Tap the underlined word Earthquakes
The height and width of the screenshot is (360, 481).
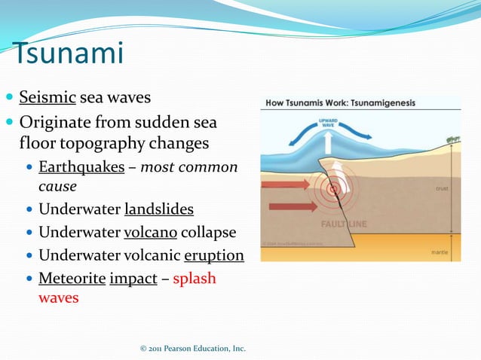click(81, 166)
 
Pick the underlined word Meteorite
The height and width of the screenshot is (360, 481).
click(72, 278)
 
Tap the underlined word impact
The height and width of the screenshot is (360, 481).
click(133, 278)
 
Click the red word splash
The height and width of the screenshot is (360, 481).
click(195, 278)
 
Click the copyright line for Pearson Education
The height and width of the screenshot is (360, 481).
click(193, 349)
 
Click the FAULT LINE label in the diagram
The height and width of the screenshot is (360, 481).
click(345, 224)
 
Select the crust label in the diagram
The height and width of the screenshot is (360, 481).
click(443, 188)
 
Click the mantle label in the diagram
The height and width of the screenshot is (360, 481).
click(441, 253)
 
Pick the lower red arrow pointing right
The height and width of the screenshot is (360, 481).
click(292, 206)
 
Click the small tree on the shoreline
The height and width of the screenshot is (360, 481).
click(452, 139)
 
